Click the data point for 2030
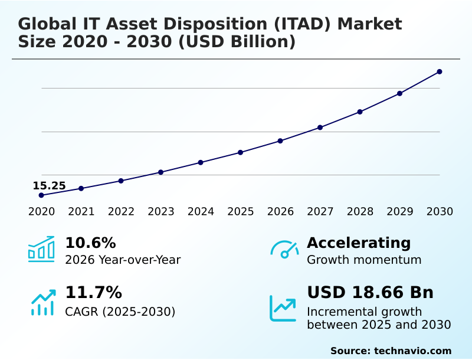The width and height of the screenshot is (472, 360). tap(440, 72)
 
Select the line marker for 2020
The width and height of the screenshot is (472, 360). tap(41, 195)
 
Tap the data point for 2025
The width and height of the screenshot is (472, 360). tap(241, 152)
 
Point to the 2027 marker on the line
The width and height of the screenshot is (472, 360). tap(320, 127)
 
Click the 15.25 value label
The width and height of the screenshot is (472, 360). tap(49, 186)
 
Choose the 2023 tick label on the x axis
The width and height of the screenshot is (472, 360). tap(161, 212)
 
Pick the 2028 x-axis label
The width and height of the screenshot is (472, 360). tap(360, 212)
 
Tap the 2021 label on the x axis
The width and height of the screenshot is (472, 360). tap(81, 212)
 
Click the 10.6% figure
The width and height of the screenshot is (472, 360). tap(90, 243)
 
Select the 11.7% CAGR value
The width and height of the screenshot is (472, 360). tap(93, 293)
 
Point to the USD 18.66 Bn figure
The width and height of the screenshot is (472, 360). tap(370, 293)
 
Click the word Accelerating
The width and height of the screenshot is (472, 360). tap(359, 243)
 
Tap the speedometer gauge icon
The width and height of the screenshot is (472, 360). tap(284, 249)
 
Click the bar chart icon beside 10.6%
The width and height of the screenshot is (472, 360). tap(41, 249)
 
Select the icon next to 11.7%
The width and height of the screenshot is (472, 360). tap(42, 302)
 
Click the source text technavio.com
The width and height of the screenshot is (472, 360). tap(412, 351)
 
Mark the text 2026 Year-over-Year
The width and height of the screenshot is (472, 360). tap(123, 260)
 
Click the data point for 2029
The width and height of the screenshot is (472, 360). tap(399, 93)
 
